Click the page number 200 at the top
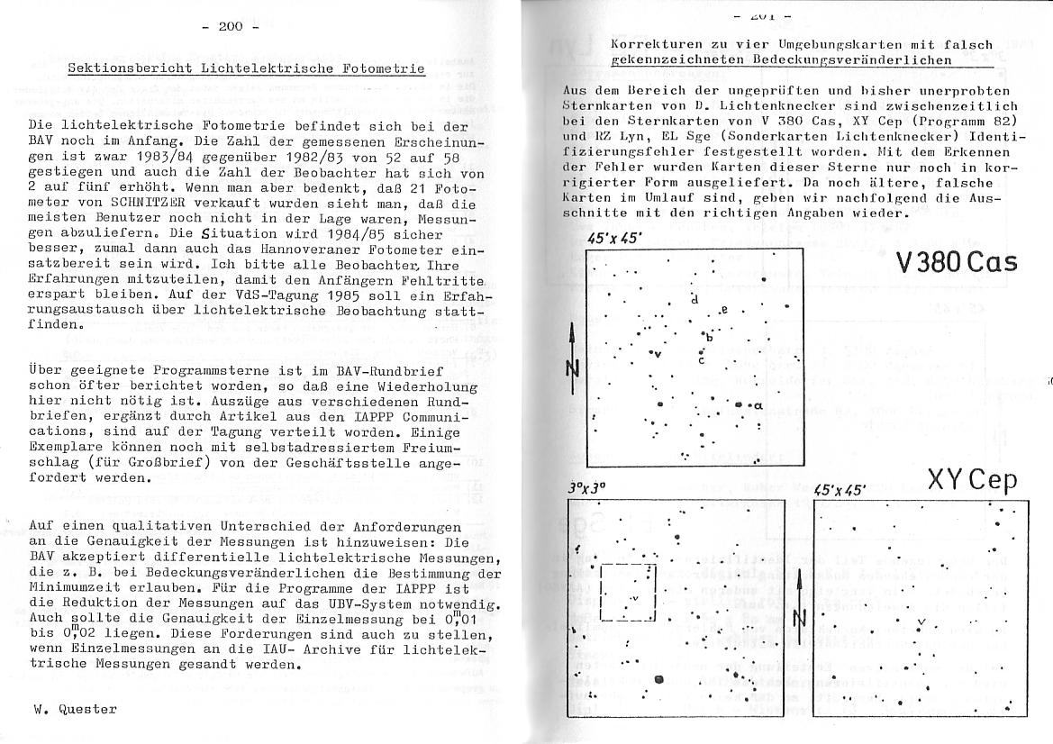coord(231,27)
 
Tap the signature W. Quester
coord(76,709)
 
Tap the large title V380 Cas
coord(957,262)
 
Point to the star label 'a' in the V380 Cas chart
coord(758,406)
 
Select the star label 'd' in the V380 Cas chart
coord(694,298)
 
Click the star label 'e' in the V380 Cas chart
coord(724,311)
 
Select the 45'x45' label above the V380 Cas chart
coord(613,239)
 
